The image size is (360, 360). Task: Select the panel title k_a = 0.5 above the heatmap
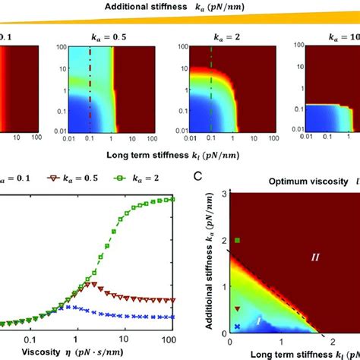(84, 35)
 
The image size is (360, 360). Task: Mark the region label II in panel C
(316, 259)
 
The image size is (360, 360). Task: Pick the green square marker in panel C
(238, 241)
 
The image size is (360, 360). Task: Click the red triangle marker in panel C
(238, 309)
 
